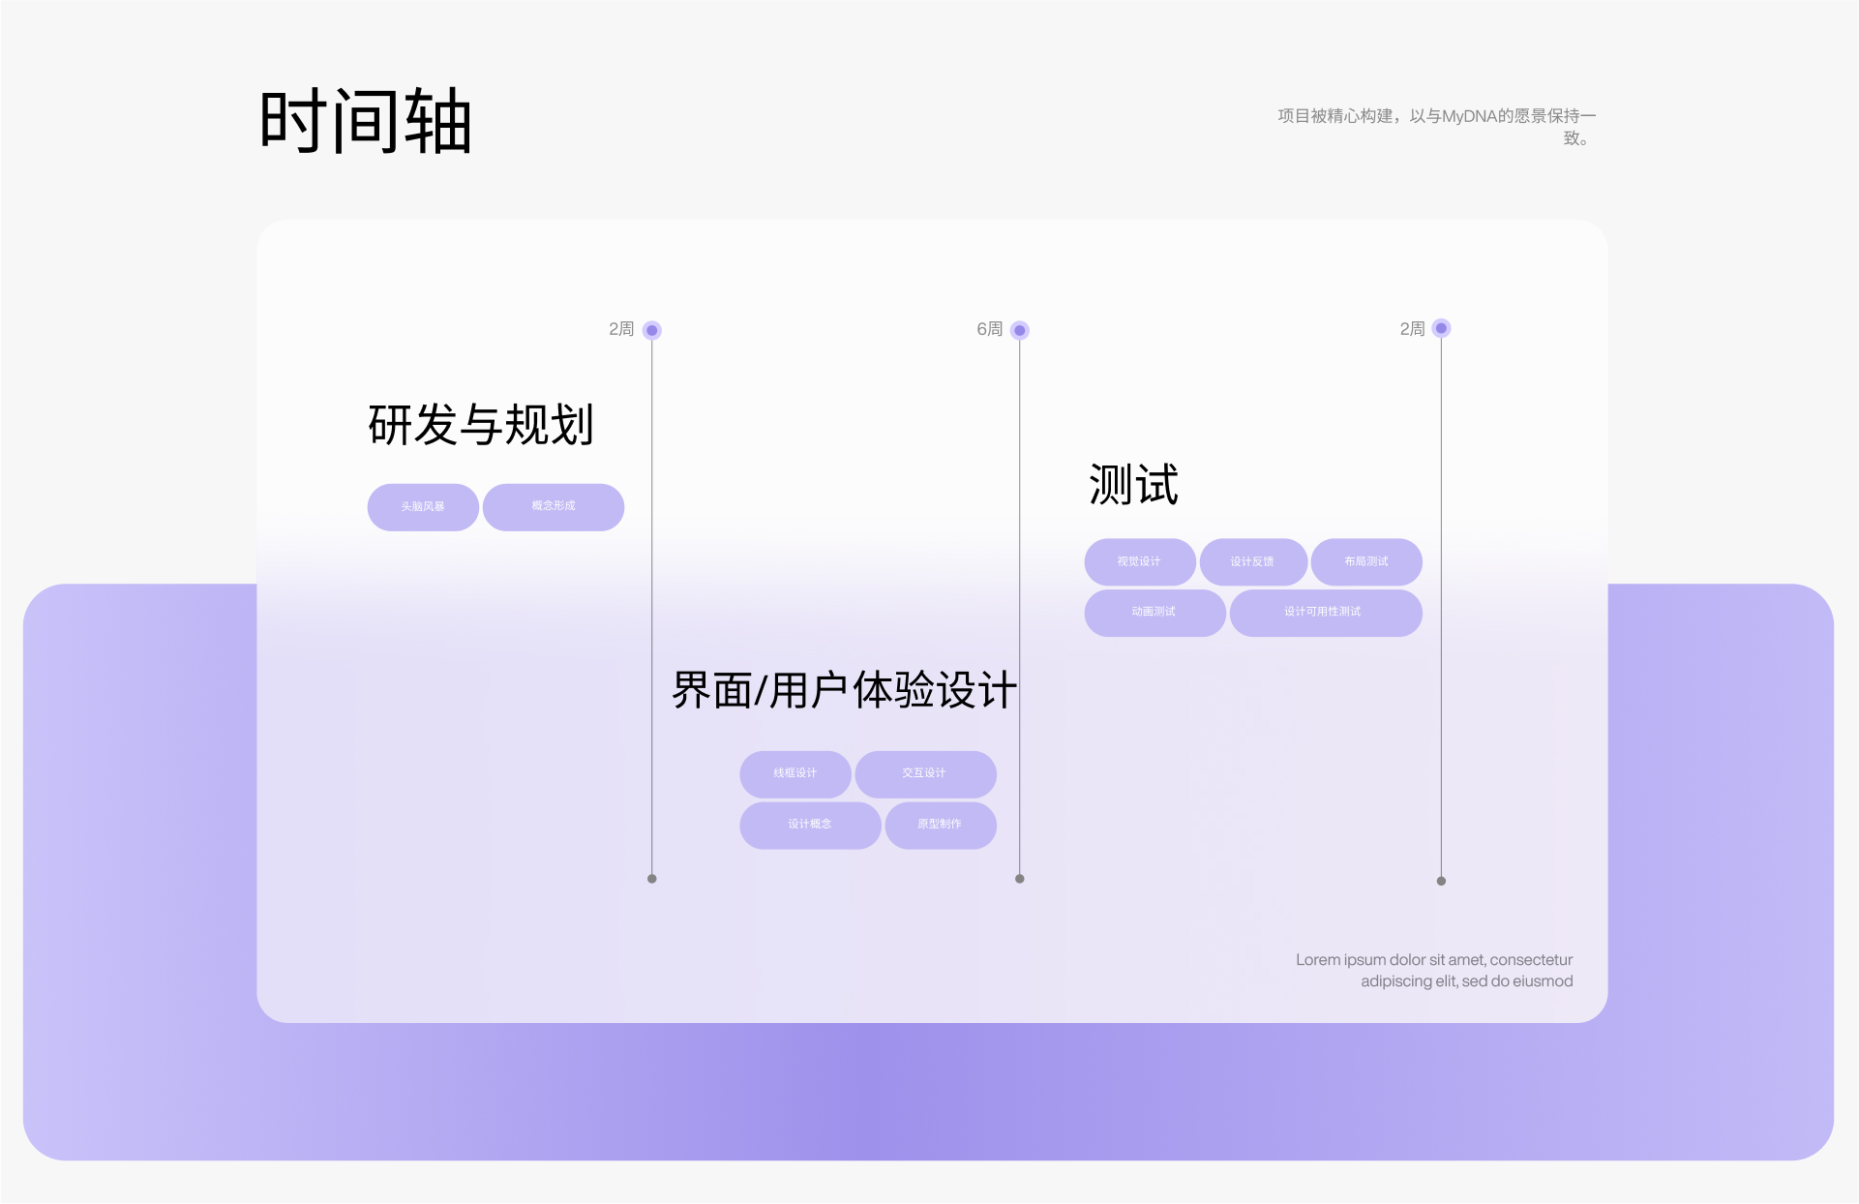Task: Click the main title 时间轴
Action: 366,122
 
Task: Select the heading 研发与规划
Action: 481,425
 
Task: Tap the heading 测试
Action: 1133,485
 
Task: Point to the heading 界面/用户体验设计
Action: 844,691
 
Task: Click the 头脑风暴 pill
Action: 423,507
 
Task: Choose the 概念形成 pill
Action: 554,507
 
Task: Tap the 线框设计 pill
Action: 795,773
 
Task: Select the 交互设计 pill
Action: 925,773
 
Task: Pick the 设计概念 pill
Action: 810,825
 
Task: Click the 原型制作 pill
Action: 940,825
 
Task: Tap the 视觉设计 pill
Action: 1139,562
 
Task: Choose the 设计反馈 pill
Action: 1252,562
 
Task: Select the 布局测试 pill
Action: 1365,562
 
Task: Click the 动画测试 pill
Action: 1154,613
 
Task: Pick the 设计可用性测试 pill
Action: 1324,613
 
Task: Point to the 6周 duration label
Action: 989,330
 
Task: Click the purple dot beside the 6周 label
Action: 1019,330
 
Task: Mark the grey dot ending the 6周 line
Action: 1019,879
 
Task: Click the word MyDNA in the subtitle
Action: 1469,116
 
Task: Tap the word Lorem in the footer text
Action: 1317,960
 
